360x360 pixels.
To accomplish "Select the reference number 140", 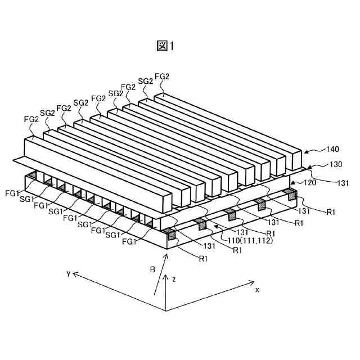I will pos(334,150).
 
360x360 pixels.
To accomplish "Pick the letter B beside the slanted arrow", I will pos(152,270).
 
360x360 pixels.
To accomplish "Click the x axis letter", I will pos(257,290).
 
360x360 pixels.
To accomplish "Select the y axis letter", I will pos(68,273).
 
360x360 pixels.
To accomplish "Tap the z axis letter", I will pos(175,278).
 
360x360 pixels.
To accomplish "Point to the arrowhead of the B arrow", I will pos(166,255).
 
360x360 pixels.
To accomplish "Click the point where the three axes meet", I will pos(165,310).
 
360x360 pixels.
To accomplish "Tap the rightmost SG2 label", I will pos(145,82).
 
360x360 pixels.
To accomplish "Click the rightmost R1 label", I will pos(332,211).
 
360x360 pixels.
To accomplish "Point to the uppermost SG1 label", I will pos(26,200).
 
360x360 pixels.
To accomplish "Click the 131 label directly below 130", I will pos(343,182).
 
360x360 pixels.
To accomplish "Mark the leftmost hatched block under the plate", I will pos(33,177).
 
